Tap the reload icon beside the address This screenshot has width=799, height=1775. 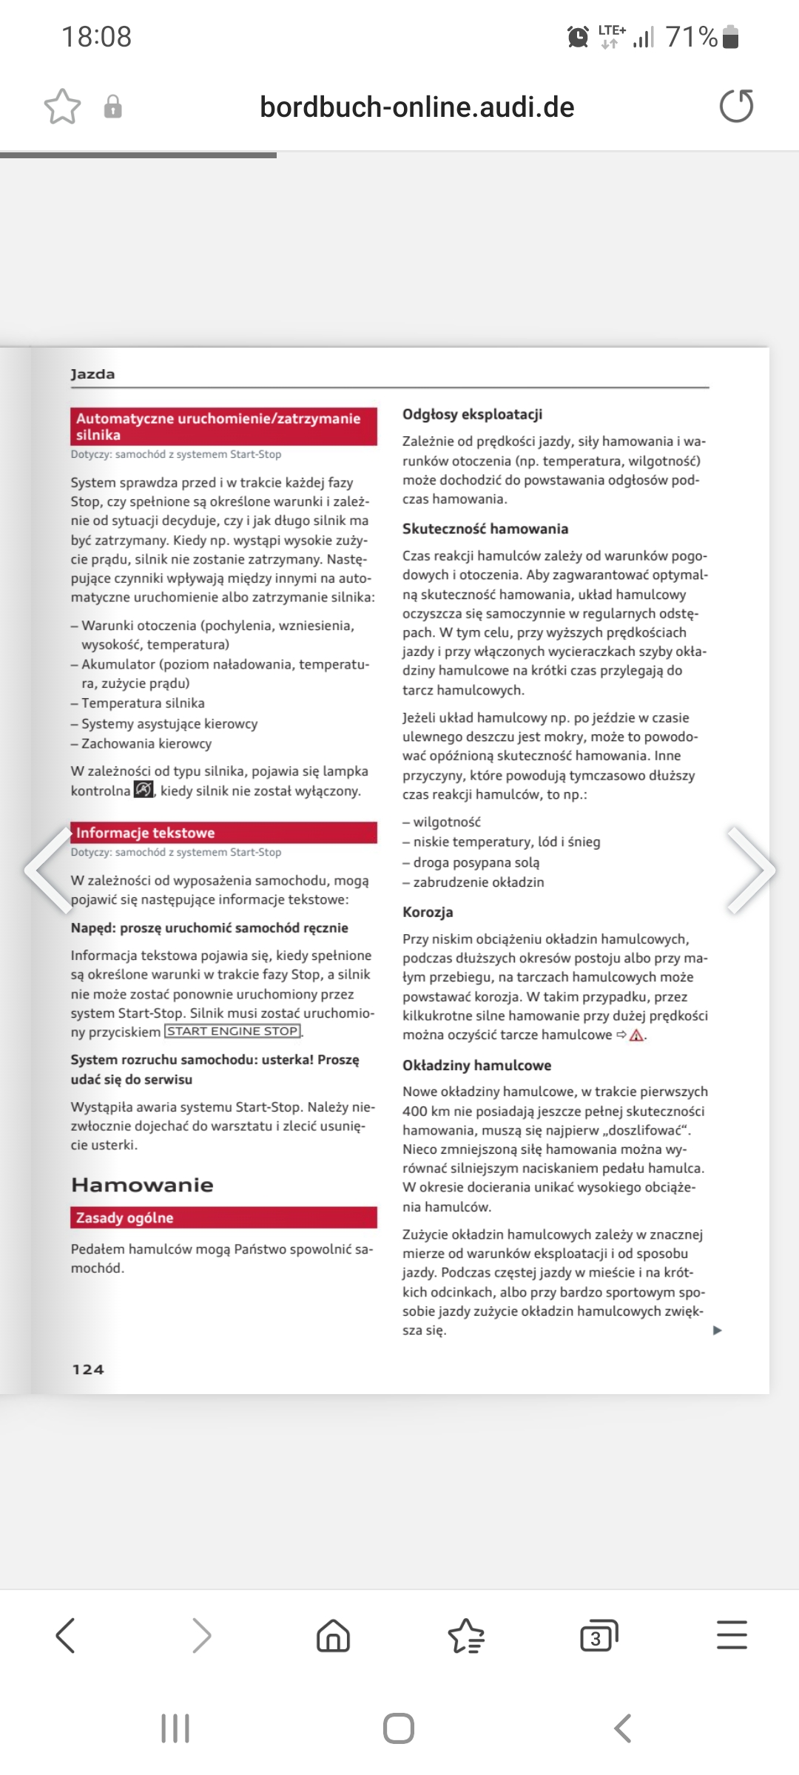click(x=736, y=106)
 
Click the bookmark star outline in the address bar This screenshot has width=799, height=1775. click(x=62, y=106)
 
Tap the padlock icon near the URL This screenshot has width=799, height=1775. click(x=112, y=106)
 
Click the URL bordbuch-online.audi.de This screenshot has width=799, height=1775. click(x=417, y=107)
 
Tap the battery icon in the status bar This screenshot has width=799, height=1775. click(x=730, y=36)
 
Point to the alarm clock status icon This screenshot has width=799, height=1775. click(x=578, y=36)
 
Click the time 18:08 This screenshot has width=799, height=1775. click(x=96, y=36)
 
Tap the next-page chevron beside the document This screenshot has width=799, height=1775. click(x=752, y=870)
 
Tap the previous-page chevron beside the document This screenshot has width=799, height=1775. click(x=47, y=870)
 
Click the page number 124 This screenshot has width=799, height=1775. click(x=88, y=1369)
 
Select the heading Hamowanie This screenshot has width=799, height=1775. click(x=142, y=1185)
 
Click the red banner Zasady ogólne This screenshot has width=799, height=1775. click(x=223, y=1217)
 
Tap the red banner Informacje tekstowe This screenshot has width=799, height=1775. click(x=223, y=833)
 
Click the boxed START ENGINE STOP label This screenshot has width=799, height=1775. click(x=232, y=1032)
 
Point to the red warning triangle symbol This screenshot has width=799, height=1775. click(x=636, y=1035)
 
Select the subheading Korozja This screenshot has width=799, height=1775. click(x=428, y=912)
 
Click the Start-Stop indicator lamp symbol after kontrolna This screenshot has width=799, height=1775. click(x=144, y=790)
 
